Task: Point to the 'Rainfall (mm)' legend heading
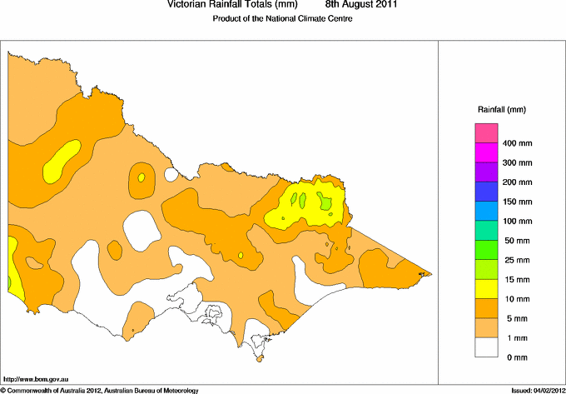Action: [x=502, y=109]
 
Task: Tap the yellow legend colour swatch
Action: [x=486, y=288]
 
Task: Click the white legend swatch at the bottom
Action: [x=486, y=347]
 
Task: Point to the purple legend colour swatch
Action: [x=486, y=172]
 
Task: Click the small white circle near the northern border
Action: [x=172, y=175]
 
